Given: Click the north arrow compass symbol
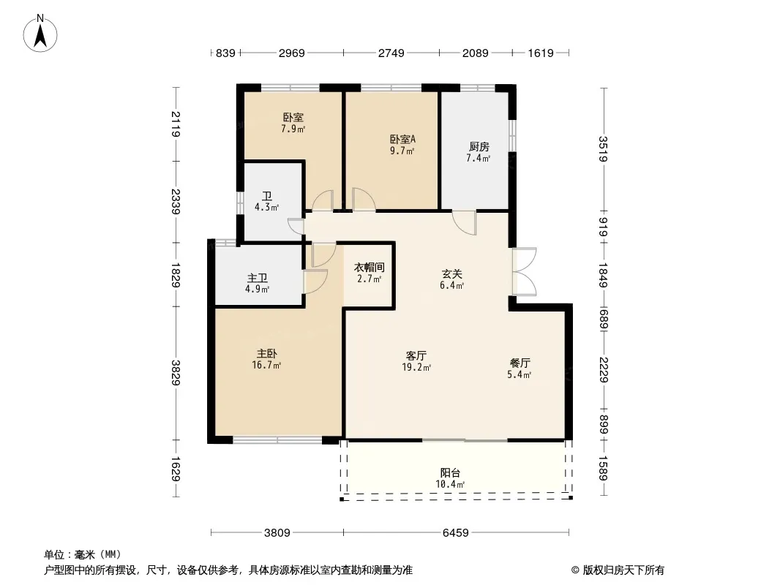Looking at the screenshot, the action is pyautogui.click(x=40, y=34).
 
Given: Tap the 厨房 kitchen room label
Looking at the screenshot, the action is pyautogui.click(x=479, y=147).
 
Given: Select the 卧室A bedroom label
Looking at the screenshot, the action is pyautogui.click(x=402, y=139).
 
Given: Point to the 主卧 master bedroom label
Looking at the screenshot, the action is pyautogui.click(x=266, y=353).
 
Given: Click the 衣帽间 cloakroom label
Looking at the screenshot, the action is pyautogui.click(x=369, y=268).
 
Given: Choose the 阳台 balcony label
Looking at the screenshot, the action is pyautogui.click(x=450, y=472).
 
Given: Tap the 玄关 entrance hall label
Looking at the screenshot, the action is pyautogui.click(x=452, y=274).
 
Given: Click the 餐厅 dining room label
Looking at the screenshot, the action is pyautogui.click(x=520, y=363).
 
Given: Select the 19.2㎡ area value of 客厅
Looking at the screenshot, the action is pyautogui.click(x=416, y=367).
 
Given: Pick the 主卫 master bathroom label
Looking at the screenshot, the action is pyautogui.click(x=257, y=278).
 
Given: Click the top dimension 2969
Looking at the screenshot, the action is pyautogui.click(x=291, y=53).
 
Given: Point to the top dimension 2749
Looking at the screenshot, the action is pyautogui.click(x=391, y=53).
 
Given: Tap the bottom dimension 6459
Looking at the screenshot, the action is pyautogui.click(x=456, y=533).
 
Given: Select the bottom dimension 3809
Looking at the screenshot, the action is pyautogui.click(x=277, y=533).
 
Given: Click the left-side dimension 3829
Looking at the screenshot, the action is pyautogui.click(x=176, y=373).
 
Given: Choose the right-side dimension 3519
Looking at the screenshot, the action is pyautogui.click(x=604, y=149).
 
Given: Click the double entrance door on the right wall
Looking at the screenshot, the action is pyautogui.click(x=525, y=271).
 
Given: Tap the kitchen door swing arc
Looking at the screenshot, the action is pyautogui.click(x=464, y=223).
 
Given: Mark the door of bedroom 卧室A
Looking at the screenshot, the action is pyautogui.click(x=364, y=200).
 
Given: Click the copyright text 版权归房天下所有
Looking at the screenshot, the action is pyautogui.click(x=623, y=570).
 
